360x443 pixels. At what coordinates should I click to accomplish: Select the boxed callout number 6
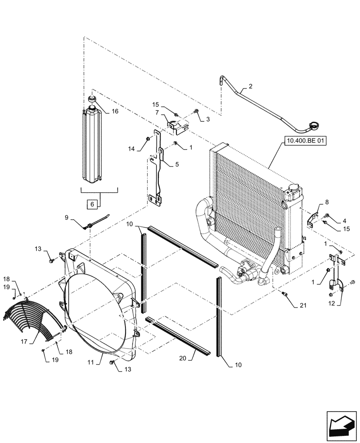point(92,204)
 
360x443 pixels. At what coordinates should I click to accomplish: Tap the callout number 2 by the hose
point(250,87)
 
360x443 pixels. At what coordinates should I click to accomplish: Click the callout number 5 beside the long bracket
point(176,164)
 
